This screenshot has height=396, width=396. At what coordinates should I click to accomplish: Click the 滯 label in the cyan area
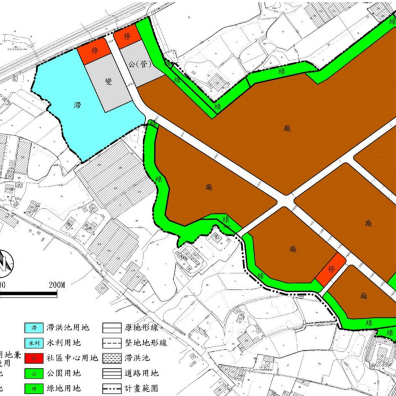pos(78,105)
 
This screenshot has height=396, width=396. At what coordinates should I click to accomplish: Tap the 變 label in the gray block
pos(108,81)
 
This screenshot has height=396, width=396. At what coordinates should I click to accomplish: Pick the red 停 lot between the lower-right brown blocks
pos(331,270)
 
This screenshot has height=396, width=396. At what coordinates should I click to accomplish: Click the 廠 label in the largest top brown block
pos(288,128)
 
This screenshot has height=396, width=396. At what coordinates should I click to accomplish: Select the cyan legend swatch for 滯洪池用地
pos(35,328)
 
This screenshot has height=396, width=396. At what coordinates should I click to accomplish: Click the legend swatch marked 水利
pos(35,343)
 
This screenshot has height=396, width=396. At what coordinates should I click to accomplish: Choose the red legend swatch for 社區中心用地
pos(35,358)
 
